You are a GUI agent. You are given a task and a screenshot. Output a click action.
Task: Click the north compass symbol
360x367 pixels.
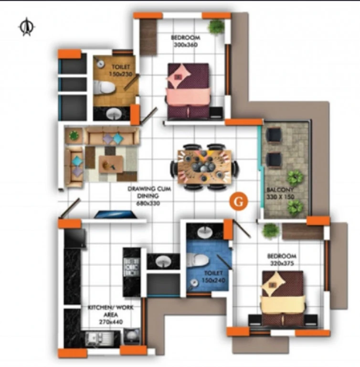pos(27,27)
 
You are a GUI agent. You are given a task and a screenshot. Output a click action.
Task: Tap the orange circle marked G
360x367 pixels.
pos(238,202)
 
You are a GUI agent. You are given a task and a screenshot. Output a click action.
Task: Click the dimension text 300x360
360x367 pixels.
pos(186,44)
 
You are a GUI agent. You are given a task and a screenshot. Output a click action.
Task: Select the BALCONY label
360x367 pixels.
pos(280,189)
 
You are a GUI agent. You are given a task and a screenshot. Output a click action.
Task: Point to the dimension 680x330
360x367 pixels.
pos(148,203)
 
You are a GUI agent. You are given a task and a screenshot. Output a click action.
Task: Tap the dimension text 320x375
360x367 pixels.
pos(282,263)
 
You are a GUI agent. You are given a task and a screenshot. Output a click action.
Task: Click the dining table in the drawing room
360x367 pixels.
pos(204,166)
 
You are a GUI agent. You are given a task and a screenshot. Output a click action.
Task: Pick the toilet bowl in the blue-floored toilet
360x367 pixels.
pos(197,260)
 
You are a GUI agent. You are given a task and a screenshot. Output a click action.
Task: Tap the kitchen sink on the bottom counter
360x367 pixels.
pos(99,339)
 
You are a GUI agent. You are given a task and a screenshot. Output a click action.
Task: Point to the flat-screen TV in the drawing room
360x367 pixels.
pos(116,215)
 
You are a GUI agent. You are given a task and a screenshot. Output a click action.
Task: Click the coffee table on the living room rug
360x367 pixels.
pos(111,164)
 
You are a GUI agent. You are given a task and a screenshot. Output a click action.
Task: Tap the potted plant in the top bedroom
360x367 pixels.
pos(216,26)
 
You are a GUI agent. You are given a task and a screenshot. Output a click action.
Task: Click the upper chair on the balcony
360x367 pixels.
pos(274,135)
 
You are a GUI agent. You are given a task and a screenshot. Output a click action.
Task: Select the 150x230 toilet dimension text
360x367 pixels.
pos(121,74)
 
